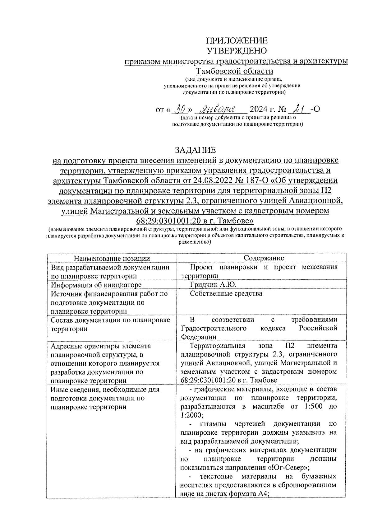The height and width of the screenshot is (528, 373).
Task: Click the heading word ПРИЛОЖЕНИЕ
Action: pyautogui.click(x=237, y=41)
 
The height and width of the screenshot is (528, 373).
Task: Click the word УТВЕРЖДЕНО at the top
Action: pyautogui.click(x=237, y=51)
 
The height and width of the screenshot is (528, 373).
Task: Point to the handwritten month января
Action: pyautogui.click(x=221, y=109)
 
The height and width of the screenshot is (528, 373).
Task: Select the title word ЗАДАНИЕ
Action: pyautogui.click(x=195, y=150)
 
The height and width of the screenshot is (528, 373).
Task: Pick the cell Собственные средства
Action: pyautogui.click(x=226, y=294)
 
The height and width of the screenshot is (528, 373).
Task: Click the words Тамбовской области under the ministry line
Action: pyautogui.click(x=237, y=71)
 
